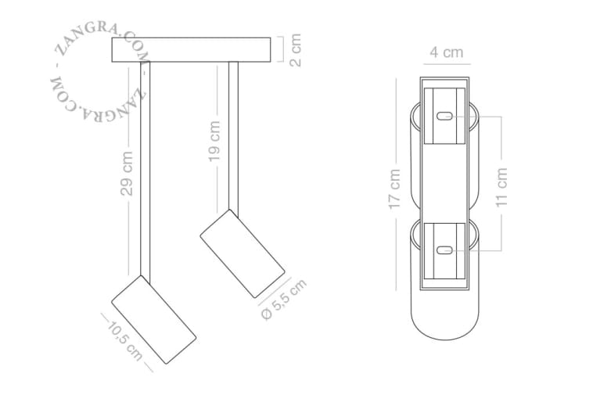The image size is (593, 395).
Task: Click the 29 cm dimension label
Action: [127, 174]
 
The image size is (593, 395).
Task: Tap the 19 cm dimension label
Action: [214, 141]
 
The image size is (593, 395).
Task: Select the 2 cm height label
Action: [296, 50]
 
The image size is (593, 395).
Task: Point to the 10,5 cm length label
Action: [124, 341]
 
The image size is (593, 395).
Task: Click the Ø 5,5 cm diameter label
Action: [284, 300]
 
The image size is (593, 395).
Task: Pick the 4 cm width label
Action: [446, 52]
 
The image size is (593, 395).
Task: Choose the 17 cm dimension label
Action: [394, 189]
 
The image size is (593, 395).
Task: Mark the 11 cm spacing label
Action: [501, 187]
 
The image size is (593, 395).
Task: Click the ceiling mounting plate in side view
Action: [191, 49]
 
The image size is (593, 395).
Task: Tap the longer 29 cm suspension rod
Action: [146, 172]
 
